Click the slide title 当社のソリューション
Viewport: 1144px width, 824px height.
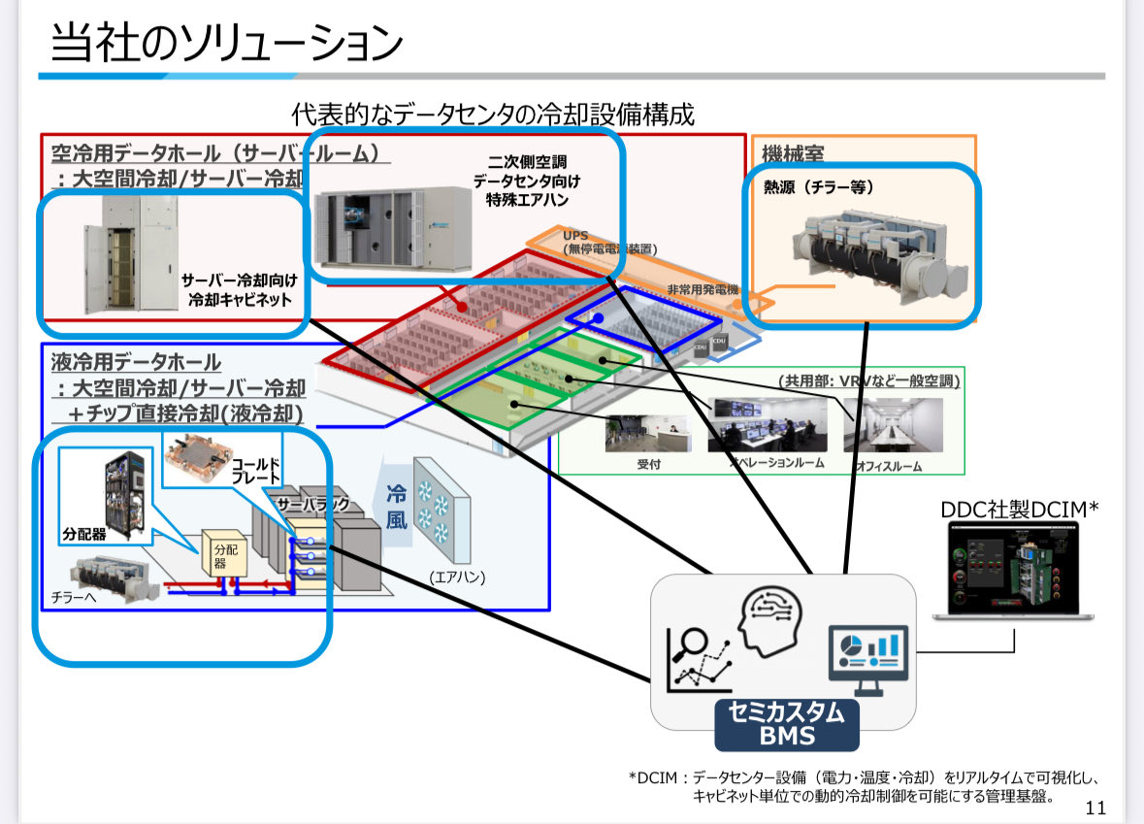(225, 44)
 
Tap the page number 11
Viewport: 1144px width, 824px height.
(1095, 808)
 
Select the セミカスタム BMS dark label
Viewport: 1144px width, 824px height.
(786, 724)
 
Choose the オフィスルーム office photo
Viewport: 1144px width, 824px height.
(892, 425)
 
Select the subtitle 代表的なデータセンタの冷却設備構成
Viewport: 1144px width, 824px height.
(493, 115)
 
